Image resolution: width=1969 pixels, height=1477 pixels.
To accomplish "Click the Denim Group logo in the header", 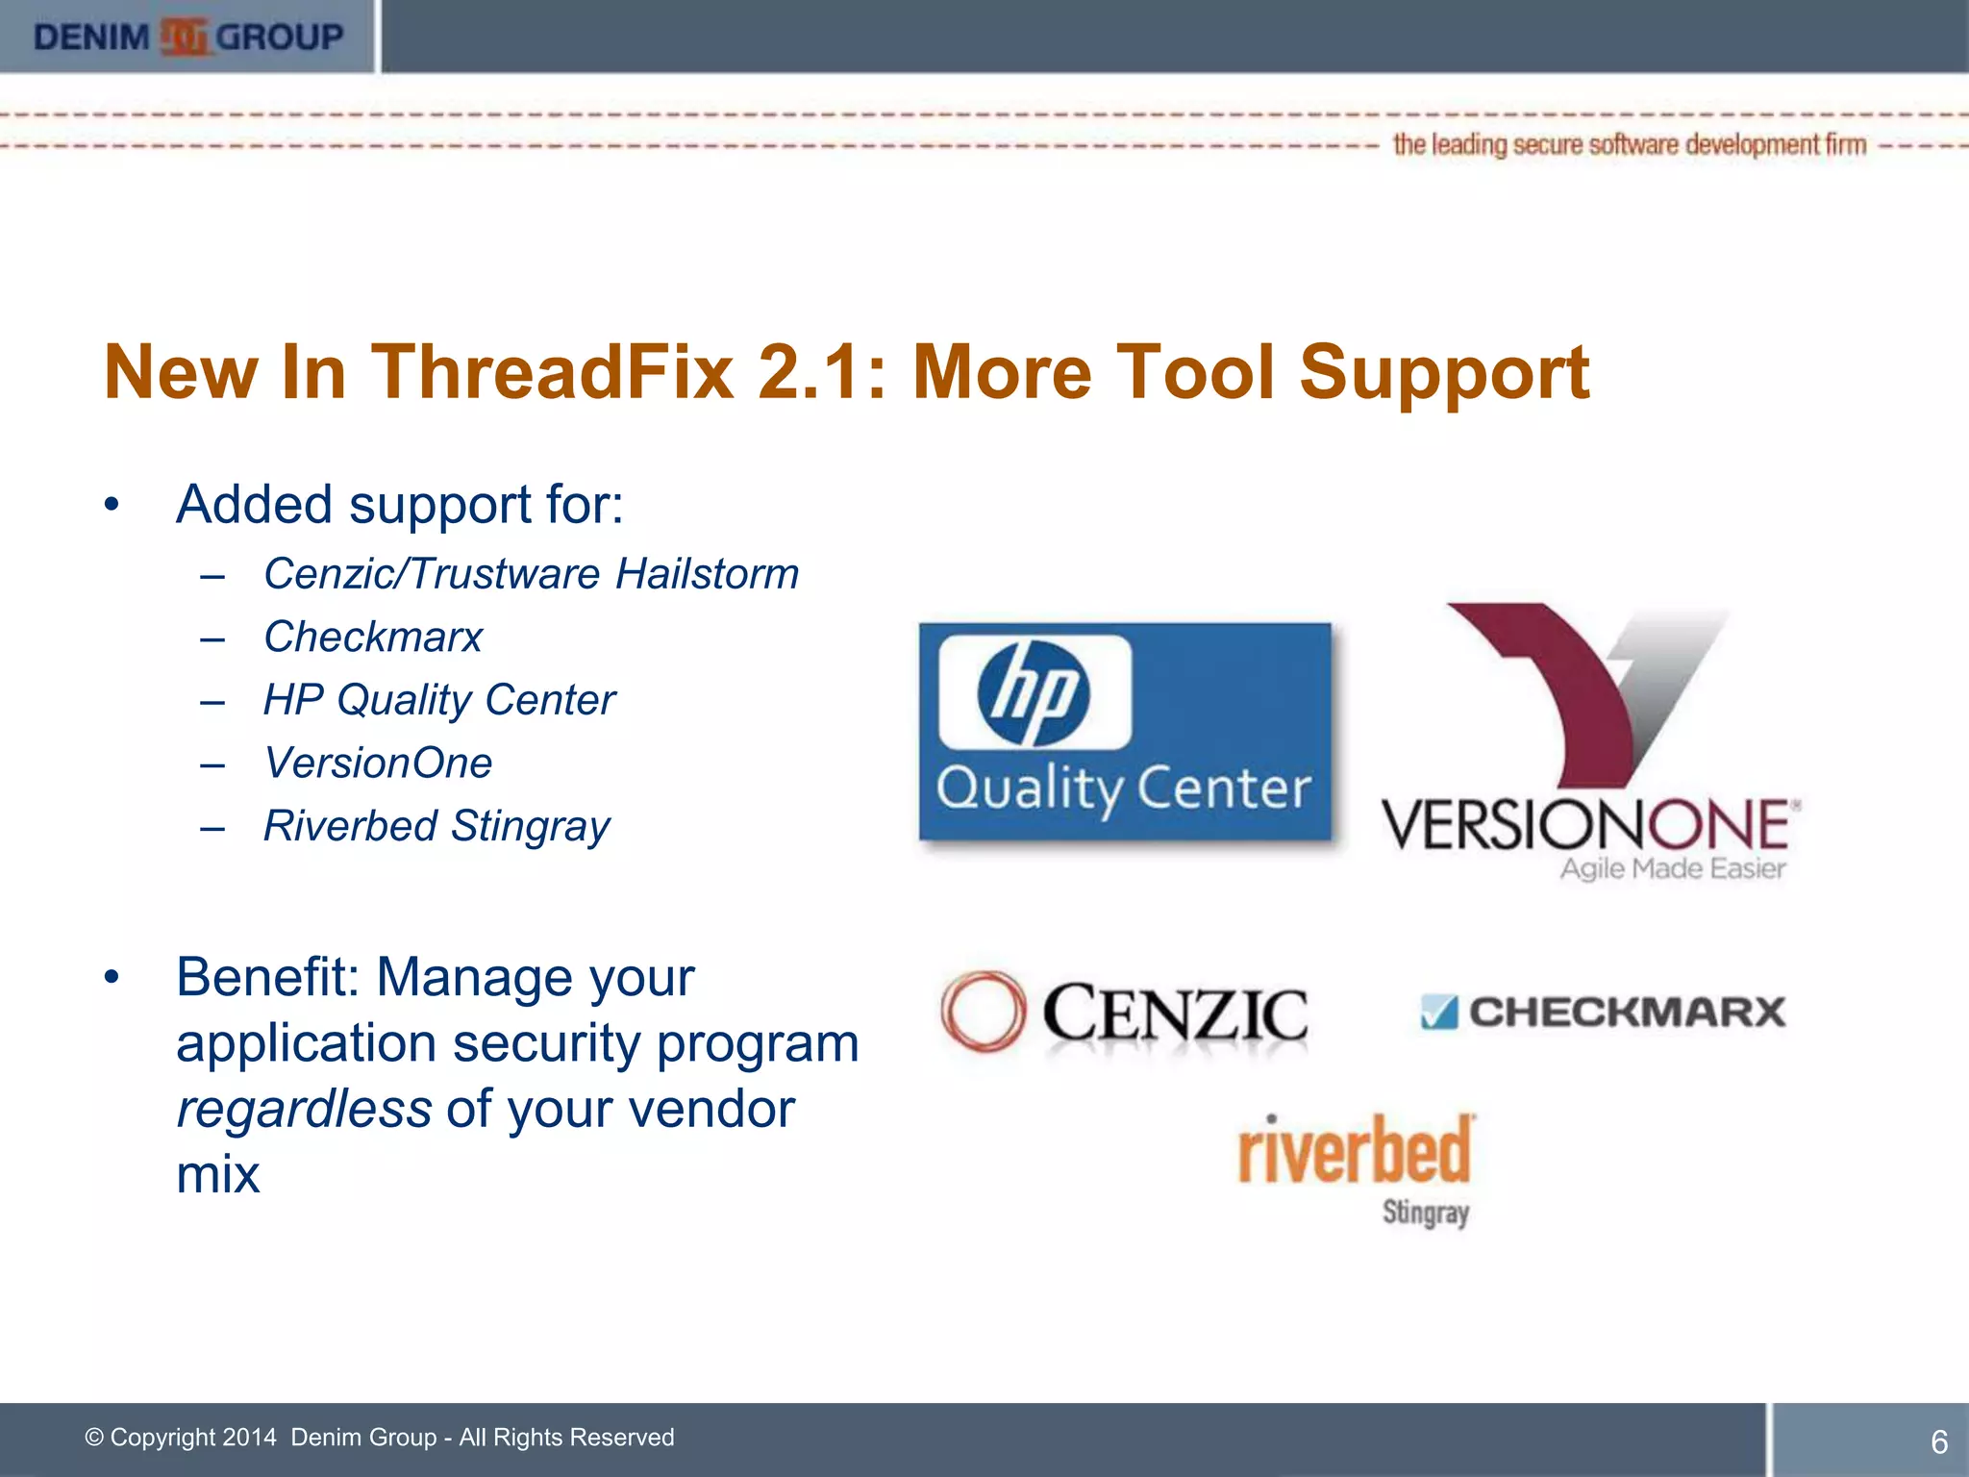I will [x=187, y=38].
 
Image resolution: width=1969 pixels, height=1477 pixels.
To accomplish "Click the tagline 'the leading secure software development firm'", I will [x=1629, y=145].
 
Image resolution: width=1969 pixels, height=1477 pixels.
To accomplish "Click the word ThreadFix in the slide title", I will [x=554, y=372].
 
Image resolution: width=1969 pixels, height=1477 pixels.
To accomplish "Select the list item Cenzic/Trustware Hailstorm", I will [x=531, y=574].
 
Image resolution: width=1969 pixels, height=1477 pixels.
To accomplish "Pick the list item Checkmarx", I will [x=373, y=637].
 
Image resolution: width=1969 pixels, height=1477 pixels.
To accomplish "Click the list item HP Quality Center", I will [x=439, y=700].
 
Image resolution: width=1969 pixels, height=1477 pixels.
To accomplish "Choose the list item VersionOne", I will [x=378, y=764].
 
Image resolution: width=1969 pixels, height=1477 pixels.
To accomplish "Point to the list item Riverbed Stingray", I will [x=436, y=826].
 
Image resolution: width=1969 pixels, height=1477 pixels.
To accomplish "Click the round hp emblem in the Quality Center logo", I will [x=1033, y=693].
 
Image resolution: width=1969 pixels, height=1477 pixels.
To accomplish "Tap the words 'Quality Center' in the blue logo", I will [x=1123, y=789].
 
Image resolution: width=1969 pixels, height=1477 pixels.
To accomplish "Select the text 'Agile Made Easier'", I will [x=1672, y=869].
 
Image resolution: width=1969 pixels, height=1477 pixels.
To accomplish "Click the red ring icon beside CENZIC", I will [x=982, y=1011].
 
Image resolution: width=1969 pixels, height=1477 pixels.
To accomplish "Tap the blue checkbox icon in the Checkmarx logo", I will [x=1438, y=1013].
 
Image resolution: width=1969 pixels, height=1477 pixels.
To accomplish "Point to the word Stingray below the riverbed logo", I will [x=1425, y=1213].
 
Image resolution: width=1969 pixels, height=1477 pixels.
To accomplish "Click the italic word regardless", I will [x=304, y=1109].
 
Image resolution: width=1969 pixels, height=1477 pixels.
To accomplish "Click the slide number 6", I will [x=1938, y=1441].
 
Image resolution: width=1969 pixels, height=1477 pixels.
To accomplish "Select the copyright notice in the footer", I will [x=380, y=1438].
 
